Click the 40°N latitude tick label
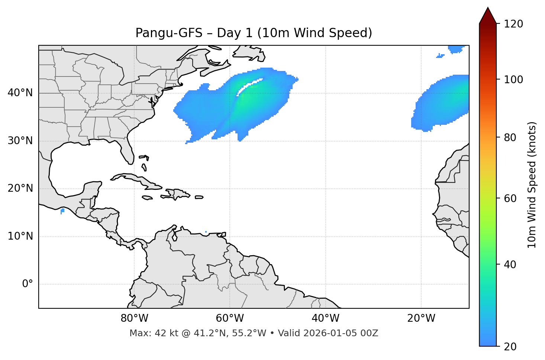pos(20,93)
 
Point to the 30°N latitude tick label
pos(20,141)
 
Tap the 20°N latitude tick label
pos(20,189)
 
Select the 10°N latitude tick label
pos(20,236)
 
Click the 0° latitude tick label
pos(28,284)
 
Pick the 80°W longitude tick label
pos(134,318)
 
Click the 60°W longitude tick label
pos(230,318)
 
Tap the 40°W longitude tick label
pos(325,318)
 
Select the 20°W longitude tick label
pos(421,318)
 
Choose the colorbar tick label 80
pos(510,137)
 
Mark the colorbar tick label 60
pos(510,198)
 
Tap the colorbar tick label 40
pos(510,265)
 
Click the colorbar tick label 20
pos(510,347)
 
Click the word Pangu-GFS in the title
pos(169,33)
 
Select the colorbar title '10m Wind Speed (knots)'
pos(532,185)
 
